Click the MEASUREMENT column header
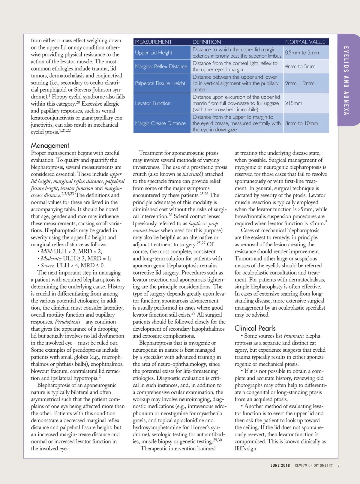[x=153, y=42]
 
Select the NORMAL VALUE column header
[x=305, y=42]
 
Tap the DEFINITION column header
[x=206, y=42]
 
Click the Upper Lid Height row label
[x=154, y=53]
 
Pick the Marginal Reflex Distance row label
[x=161, y=66]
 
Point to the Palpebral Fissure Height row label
[x=160, y=83]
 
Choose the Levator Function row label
[x=153, y=103]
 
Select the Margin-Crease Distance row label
[x=160, y=123]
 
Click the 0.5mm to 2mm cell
[x=302, y=53]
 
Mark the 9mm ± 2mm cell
[x=300, y=83]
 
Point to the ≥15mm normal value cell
[x=293, y=103]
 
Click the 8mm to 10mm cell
[x=301, y=123]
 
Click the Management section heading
[x=50, y=146]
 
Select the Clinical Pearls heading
[x=255, y=328]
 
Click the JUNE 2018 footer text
[x=280, y=465]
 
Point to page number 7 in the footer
[x=339, y=465]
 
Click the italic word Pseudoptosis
[x=67, y=322]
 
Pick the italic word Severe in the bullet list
[x=48, y=266]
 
